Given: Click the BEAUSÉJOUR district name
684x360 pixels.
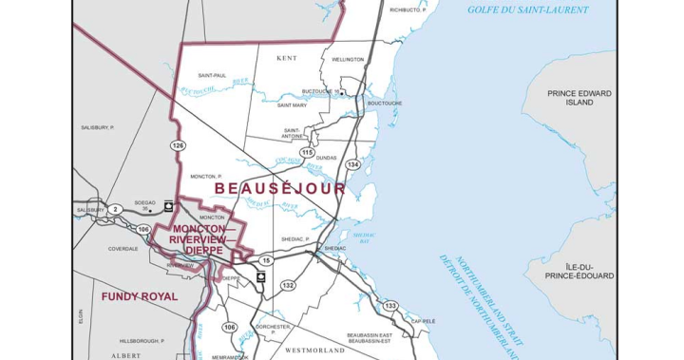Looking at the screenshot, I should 280,189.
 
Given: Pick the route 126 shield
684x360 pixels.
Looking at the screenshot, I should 178,144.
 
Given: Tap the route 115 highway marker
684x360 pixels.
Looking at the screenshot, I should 306,152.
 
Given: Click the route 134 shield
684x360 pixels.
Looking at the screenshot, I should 353,164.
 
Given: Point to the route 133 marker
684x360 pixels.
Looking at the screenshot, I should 390,305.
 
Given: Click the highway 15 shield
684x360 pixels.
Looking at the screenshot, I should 267,260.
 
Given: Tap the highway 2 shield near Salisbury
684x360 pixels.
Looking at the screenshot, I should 113,208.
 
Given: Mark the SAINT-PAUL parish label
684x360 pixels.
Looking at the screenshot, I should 211,74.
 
